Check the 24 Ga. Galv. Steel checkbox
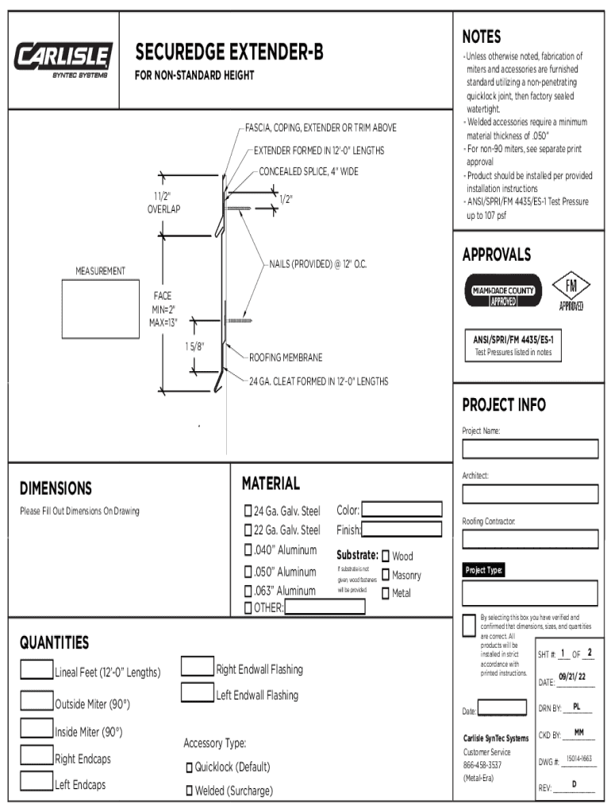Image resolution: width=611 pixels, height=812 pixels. point(248,510)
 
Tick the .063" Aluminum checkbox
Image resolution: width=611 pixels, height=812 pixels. point(248,591)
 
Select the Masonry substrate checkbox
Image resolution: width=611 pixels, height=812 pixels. point(386,575)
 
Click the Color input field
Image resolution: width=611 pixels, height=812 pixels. point(402,509)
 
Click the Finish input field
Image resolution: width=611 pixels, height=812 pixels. point(402,529)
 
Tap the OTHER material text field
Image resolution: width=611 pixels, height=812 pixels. point(325,607)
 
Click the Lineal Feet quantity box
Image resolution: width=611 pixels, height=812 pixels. point(37,670)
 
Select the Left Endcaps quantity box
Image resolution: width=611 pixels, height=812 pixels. point(37,782)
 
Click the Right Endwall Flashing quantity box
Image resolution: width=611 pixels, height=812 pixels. point(198,666)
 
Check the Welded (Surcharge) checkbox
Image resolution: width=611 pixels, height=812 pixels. point(190,791)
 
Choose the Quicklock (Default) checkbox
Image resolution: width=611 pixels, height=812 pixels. point(190,768)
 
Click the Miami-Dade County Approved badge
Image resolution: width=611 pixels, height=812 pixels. point(503,291)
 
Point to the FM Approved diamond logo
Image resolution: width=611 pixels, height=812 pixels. point(571,291)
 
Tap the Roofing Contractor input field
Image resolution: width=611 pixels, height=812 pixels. point(529,539)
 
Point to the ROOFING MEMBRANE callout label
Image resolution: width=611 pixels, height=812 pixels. point(286,358)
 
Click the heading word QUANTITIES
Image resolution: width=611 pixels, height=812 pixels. point(54,642)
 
